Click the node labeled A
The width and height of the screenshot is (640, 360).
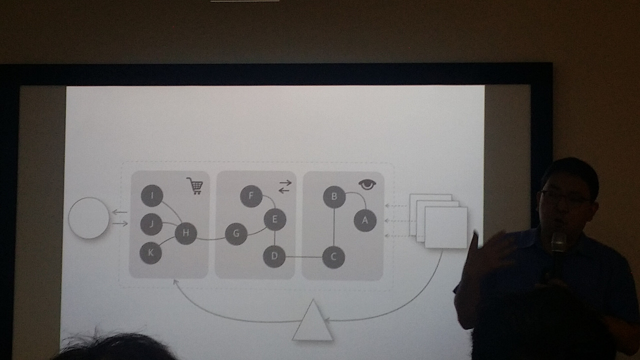coord(365,220)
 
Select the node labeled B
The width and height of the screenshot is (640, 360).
coord(334,196)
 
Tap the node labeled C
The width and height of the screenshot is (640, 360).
coord(333,257)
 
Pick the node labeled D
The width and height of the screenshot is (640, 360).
coord(274,256)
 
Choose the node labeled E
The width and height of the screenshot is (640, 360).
coord(274,219)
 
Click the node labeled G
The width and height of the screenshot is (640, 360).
coord(236,233)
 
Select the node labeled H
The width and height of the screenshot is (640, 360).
coord(185,233)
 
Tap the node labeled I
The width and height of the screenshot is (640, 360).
coord(151,195)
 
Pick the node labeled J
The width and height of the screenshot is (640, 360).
coord(151,224)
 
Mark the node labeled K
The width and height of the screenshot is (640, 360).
coord(150,253)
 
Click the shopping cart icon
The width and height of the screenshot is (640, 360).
coord(195,186)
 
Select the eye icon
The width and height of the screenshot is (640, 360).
coord(367,185)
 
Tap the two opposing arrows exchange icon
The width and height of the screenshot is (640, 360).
coord(284,186)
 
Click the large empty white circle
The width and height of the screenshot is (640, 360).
coord(88,218)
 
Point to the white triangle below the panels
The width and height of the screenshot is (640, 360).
coord(312,322)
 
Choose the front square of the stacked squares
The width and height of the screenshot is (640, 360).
coord(446,227)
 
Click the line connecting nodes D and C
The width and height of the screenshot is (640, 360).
coord(304,257)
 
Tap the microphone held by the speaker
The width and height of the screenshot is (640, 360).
coord(558,243)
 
